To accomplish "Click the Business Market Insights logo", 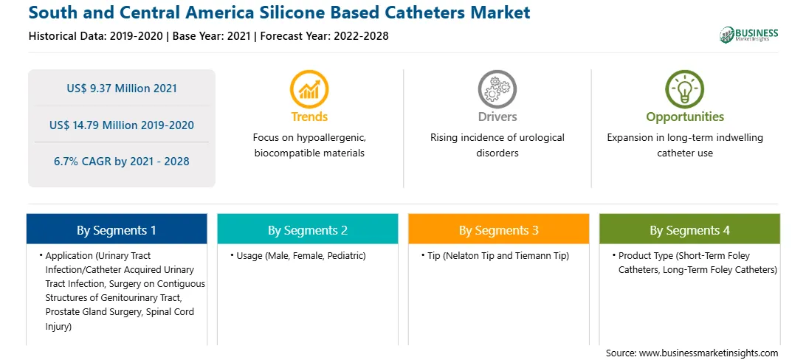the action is tap(748, 35).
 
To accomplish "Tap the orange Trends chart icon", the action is tap(309, 89).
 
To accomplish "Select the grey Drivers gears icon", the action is tap(497, 89).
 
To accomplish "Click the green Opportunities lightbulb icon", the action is tap(685, 89).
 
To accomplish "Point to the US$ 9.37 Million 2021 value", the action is tap(122, 89).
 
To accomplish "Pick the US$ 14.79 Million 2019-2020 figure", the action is tap(122, 125).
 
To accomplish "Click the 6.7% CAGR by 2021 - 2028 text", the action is tap(122, 162).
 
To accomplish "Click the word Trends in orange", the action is tap(309, 117).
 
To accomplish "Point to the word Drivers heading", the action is tap(497, 117).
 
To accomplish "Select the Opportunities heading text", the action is tap(685, 117).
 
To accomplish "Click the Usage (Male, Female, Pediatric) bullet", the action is tap(297, 256).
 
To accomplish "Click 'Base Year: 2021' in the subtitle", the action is tap(211, 36).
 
